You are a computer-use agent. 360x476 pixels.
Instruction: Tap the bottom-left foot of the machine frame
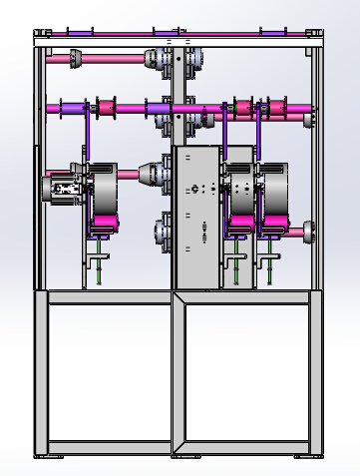coord(43,455)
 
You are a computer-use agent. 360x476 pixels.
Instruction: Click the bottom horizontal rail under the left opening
coord(110,445)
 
